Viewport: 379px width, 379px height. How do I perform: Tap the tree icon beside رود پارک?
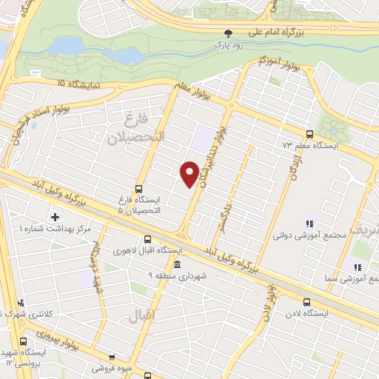point(228,33)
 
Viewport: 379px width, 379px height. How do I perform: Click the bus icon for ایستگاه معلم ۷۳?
point(309,133)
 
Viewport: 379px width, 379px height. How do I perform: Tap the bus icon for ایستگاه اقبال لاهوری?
point(147,239)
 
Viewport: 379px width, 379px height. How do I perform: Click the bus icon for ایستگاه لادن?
point(307,301)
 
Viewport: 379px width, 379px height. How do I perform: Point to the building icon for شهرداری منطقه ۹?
point(177,264)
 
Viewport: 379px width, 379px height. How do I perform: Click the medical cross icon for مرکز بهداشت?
point(54,217)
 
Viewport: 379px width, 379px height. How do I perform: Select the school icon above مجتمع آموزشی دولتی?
point(309,224)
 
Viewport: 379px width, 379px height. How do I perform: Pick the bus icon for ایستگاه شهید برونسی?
point(24,342)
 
